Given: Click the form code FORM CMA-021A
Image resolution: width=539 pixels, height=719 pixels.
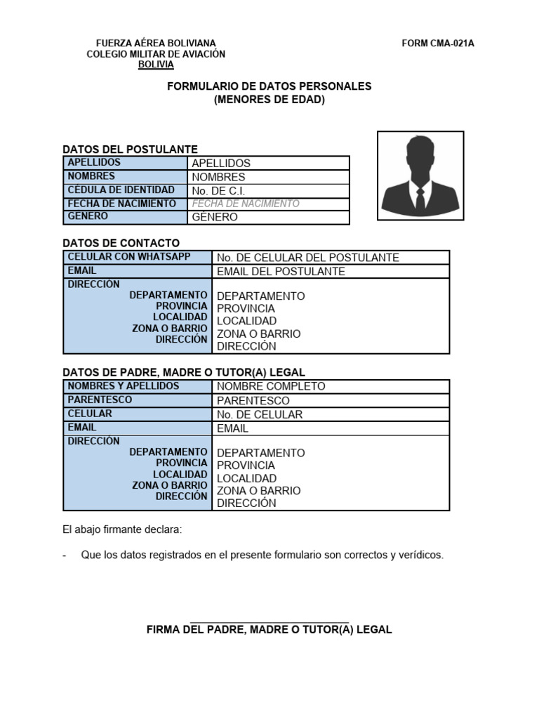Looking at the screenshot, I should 438,44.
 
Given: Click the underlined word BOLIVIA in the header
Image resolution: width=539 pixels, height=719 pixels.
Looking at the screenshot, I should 156,65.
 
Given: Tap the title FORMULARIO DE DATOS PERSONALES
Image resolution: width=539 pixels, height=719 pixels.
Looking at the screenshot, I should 269,86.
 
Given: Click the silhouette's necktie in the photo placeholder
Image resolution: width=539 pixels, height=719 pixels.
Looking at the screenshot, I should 420,199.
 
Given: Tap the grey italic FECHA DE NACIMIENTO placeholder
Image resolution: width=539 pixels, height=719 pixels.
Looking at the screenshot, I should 246,204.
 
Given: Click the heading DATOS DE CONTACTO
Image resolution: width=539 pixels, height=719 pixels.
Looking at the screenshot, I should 121,242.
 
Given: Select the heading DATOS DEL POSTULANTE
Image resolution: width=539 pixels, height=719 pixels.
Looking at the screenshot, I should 131,149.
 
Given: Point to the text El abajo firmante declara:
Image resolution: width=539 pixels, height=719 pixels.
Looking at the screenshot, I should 122,528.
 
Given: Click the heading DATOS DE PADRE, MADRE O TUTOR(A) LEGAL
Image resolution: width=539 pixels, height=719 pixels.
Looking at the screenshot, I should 185,372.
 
